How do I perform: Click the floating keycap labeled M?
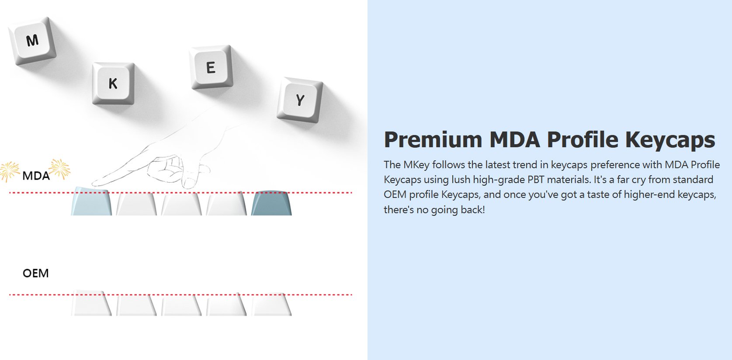32,41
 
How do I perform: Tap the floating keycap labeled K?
113,84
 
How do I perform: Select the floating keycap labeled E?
211,67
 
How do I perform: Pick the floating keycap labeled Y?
300,100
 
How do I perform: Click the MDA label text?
36,176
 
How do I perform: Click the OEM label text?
36,273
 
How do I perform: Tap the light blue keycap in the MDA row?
91,201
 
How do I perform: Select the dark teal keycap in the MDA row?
271,203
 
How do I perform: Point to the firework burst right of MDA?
60,169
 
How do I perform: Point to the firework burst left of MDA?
10,171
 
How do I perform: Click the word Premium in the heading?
433,140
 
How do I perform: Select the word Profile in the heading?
583,139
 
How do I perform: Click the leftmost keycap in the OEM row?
91,303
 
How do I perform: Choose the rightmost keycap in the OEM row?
271,304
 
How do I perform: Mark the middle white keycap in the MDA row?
181,204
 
